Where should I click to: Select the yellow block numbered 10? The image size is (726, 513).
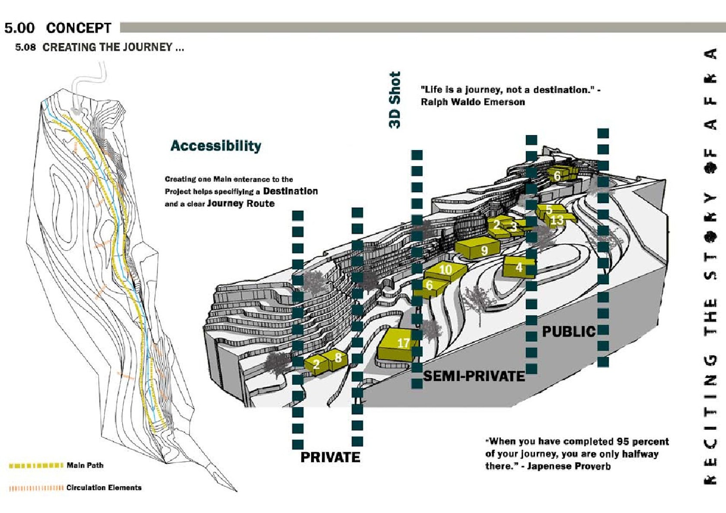(x=445, y=270)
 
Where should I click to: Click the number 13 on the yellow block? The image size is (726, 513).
(x=557, y=220)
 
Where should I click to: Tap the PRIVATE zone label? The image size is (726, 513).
(x=330, y=457)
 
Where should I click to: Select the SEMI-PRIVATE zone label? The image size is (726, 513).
(x=474, y=376)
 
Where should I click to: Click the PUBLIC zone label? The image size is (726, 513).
(x=569, y=332)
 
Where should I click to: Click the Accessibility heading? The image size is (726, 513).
(x=216, y=146)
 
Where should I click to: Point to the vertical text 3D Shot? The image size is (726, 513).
(x=395, y=100)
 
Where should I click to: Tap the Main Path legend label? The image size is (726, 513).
(x=85, y=465)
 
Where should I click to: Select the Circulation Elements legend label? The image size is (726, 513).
(x=104, y=488)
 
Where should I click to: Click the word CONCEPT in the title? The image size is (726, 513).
(x=79, y=28)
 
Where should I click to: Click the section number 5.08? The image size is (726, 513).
(x=25, y=47)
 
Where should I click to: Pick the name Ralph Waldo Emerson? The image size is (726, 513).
(x=473, y=102)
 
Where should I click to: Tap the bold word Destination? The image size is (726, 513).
(x=290, y=191)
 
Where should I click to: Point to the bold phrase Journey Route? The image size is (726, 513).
(x=241, y=203)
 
